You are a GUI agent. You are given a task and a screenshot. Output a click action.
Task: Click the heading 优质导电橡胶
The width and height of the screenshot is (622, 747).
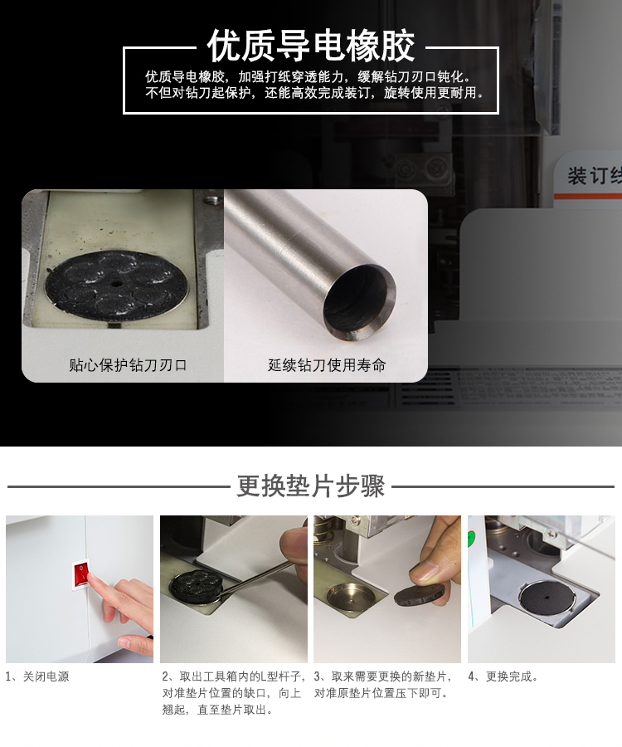(311, 46)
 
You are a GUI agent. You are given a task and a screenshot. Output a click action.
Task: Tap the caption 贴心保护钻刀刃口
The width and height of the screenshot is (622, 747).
(128, 365)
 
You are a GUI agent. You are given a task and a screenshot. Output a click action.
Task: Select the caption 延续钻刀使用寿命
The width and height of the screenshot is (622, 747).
(327, 365)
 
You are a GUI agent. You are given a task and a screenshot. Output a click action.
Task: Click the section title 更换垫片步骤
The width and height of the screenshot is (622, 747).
(311, 486)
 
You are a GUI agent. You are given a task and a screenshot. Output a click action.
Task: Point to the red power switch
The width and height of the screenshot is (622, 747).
(80, 575)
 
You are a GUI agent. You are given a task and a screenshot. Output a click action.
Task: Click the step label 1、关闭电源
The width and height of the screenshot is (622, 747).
(37, 676)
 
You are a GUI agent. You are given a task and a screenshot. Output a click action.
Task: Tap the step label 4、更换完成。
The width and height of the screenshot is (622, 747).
(503, 676)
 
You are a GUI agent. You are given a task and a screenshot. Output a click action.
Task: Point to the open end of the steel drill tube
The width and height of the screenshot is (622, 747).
(359, 303)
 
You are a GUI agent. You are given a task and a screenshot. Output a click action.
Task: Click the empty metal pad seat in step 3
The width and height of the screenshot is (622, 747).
(350, 594)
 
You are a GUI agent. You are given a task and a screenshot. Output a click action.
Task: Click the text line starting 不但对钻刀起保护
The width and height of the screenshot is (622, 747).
(314, 92)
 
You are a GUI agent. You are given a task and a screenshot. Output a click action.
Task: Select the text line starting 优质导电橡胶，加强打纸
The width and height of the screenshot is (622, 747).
(308, 76)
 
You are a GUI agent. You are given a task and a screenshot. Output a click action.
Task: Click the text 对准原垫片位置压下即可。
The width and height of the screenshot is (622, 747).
(381, 693)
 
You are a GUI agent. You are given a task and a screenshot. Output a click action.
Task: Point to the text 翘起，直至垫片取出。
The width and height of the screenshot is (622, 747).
(218, 710)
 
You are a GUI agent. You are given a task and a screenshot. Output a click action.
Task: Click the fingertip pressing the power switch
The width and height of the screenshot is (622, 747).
(93, 579)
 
